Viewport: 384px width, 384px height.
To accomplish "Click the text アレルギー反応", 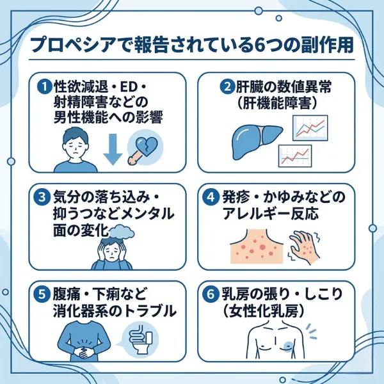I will [x=277, y=213].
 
